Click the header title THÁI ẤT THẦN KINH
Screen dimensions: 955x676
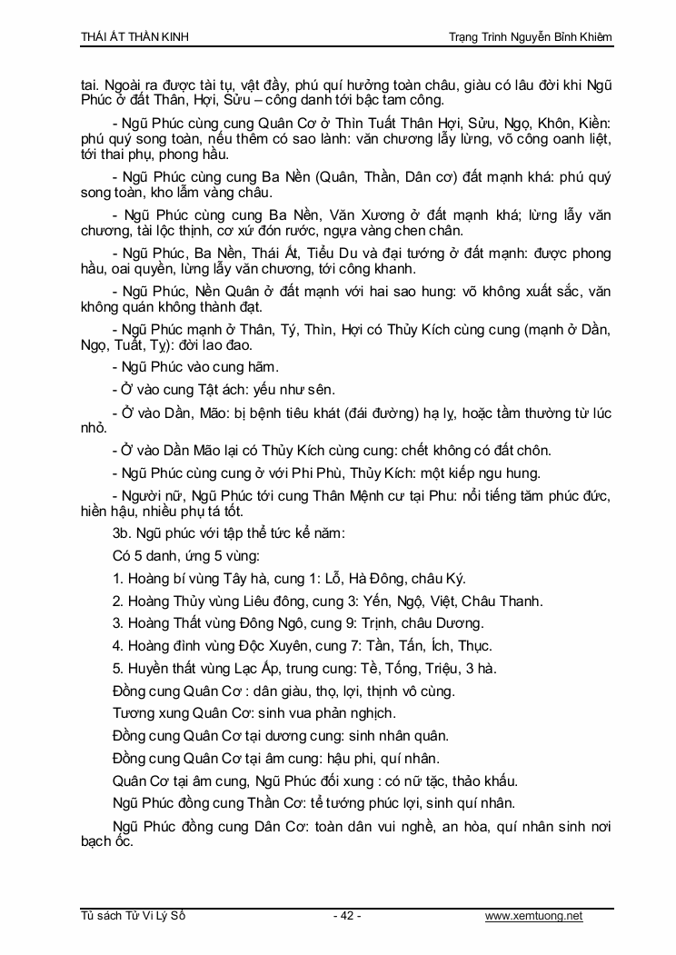(x=135, y=35)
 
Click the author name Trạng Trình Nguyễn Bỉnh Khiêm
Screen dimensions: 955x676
(x=531, y=35)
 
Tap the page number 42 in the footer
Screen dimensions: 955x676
(x=347, y=916)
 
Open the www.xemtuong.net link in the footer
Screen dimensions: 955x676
(x=534, y=916)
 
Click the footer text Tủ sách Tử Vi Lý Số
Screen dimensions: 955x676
(x=133, y=916)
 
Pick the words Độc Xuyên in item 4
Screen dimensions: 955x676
(x=267, y=646)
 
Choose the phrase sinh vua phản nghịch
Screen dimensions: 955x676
(x=329, y=713)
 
